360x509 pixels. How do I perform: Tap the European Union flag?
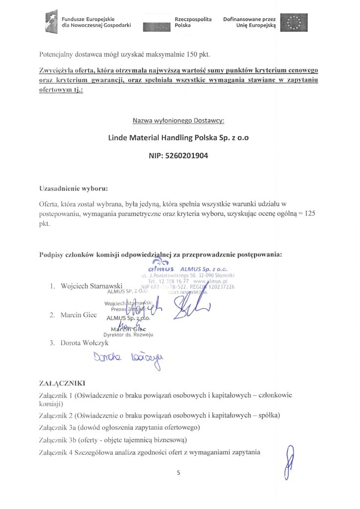[x=294, y=22]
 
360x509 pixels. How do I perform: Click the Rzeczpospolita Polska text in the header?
[x=193, y=22]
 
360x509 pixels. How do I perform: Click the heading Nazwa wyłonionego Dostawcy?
[x=179, y=121]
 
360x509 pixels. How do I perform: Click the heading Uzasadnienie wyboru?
[x=73, y=189]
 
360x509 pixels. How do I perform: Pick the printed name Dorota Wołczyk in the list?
[x=83, y=342]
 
